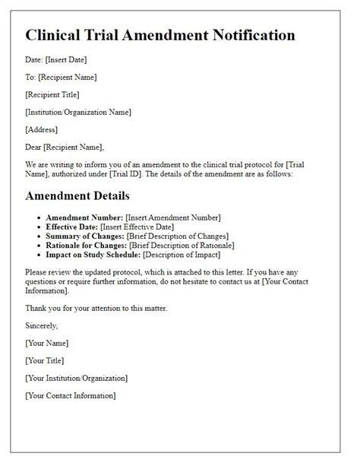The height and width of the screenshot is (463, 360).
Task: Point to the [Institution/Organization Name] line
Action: tap(77, 112)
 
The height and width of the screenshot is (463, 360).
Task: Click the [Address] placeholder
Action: tap(41, 129)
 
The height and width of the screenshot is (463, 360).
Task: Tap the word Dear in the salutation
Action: tap(34, 147)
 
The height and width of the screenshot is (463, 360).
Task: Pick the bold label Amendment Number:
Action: tap(84, 217)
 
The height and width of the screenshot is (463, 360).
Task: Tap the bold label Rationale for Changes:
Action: tap(87, 245)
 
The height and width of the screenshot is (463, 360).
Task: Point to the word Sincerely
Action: tap(43, 325)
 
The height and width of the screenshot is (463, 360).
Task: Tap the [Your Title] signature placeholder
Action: tap(45, 360)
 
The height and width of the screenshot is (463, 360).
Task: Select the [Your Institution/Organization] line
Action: tap(76, 378)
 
